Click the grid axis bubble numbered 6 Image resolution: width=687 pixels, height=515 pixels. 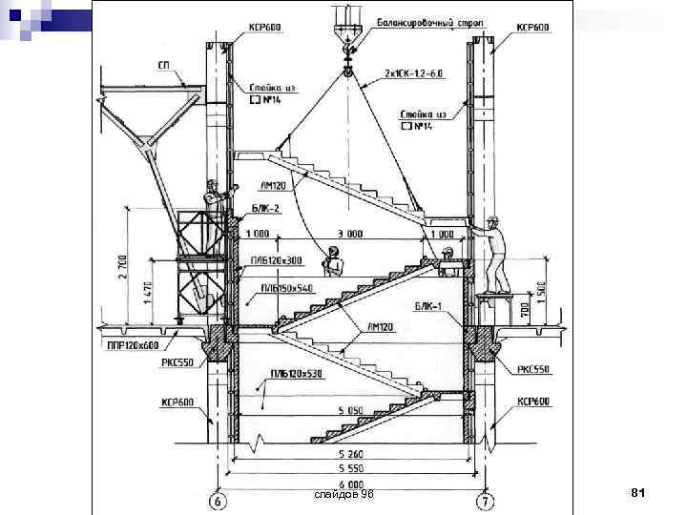coord(219,500)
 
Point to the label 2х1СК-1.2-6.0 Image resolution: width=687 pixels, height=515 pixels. coord(412,73)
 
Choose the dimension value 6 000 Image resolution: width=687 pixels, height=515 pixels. coord(353,483)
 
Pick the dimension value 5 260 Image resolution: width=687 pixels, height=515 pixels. coord(353,454)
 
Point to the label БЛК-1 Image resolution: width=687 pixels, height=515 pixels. coord(427,306)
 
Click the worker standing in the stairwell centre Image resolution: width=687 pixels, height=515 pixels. coord(333,262)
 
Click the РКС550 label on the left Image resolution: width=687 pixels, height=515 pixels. coord(179,363)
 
